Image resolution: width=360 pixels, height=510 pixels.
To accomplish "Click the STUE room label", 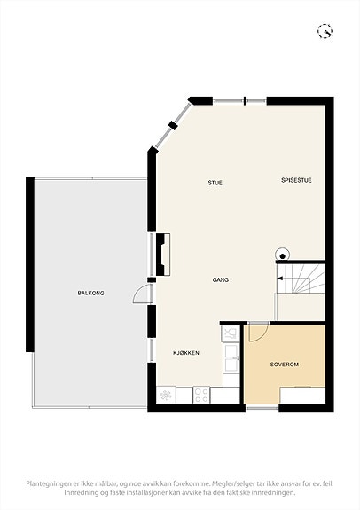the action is (x=215, y=183).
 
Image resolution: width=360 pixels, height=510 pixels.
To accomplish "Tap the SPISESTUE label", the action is (x=296, y=180).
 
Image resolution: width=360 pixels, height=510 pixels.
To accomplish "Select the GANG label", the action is (x=221, y=279).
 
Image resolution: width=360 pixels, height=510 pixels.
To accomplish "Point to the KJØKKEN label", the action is (x=186, y=353).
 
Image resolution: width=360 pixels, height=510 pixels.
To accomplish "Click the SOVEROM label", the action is (x=285, y=365).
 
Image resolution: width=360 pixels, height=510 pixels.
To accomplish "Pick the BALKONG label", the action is (x=90, y=293).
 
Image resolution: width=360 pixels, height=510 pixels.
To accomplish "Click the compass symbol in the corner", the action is (x=325, y=31).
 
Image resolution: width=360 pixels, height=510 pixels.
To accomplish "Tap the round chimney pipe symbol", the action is (x=282, y=255).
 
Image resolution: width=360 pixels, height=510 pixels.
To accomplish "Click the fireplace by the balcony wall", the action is (x=163, y=255).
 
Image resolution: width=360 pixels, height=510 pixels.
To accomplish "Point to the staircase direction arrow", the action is (x=279, y=279).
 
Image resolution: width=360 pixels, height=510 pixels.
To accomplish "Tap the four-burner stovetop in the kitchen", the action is (x=201, y=395).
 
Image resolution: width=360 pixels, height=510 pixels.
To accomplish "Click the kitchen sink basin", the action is (x=231, y=357).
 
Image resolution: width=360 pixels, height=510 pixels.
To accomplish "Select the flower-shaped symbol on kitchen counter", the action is (x=166, y=396).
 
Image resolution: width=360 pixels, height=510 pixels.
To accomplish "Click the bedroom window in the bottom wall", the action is (x=262, y=407).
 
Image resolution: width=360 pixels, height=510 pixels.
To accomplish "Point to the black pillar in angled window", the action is (x=173, y=125).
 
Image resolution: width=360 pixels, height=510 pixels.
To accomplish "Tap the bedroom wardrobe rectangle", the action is (x=302, y=396).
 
